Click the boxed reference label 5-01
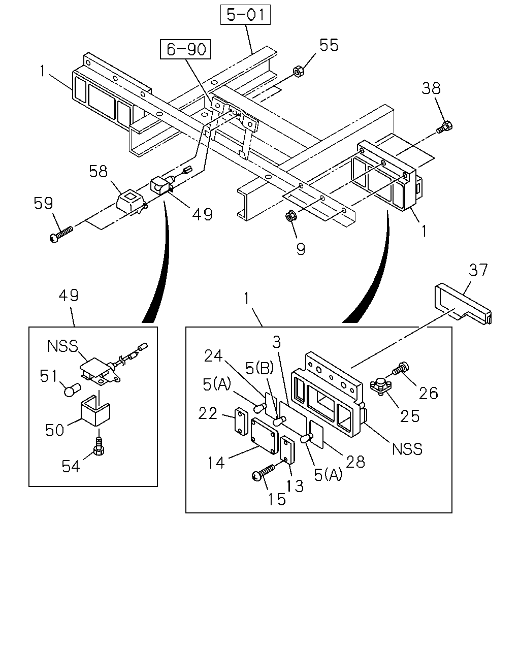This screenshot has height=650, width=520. point(245,15)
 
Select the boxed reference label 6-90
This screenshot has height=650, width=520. point(185,49)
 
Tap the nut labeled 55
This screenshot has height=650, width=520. point(299,71)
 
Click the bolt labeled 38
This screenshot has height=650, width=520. point(444,127)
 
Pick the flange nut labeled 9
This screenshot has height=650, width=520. point(291,216)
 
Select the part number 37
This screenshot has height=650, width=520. point(478,270)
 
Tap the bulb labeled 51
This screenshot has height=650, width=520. point(73,389)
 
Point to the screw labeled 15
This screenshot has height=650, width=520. point(263,472)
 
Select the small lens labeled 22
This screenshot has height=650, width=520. point(241,421)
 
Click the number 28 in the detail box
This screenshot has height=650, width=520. point(355,462)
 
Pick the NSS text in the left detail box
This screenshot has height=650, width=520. point(63,346)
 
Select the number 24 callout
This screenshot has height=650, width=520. point(213,356)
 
